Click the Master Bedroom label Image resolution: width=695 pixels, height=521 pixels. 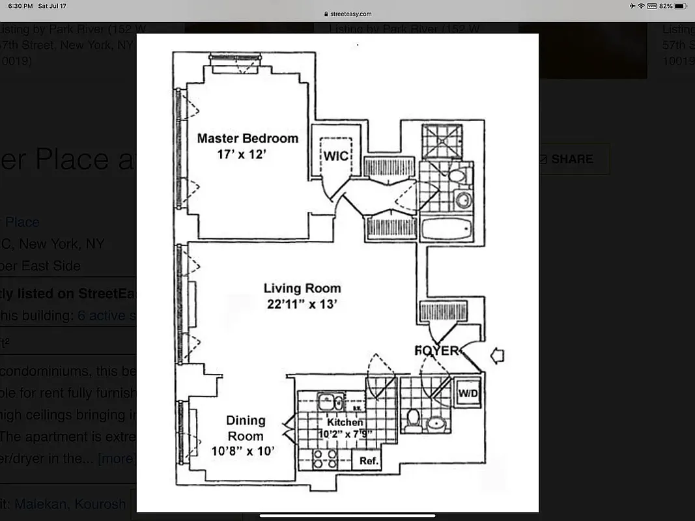248,138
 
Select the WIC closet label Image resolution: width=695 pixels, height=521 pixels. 336,157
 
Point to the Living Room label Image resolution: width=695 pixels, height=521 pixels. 302,288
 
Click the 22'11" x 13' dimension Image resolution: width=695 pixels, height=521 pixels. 302,303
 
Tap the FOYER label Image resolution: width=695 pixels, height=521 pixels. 437,351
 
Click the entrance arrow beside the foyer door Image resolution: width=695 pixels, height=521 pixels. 497,356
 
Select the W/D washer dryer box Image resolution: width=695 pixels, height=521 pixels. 467,393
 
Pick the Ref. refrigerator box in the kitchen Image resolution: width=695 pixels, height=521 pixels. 366,460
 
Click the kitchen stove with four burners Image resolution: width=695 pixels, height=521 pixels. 324,459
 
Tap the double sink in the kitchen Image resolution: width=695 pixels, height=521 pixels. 331,402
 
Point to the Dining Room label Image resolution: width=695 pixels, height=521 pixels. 246,428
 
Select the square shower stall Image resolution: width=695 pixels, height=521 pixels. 441,141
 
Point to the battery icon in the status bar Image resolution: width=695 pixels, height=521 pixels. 681,6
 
